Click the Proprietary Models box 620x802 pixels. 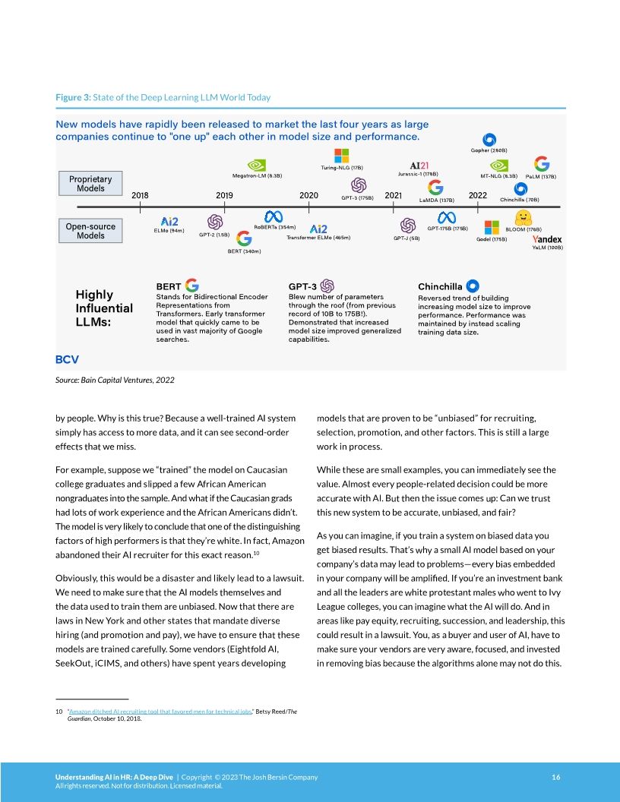(90, 184)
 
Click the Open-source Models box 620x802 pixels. (90, 231)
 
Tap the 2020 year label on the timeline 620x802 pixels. (308, 195)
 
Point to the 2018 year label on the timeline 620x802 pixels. (140, 195)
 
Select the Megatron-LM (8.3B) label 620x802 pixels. (257, 175)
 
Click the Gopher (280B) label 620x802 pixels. (489, 150)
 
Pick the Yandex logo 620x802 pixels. (547, 239)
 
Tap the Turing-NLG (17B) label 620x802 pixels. (342, 167)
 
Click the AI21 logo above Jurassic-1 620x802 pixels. (419, 165)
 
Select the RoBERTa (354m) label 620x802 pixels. (274, 227)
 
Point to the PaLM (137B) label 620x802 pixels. (541, 176)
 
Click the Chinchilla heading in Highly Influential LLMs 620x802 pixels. (440, 286)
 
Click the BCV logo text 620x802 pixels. (67, 358)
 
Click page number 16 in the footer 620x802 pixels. (556, 777)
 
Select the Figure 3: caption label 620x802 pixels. (73, 97)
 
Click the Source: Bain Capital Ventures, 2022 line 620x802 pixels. (115, 380)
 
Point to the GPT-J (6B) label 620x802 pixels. (406, 238)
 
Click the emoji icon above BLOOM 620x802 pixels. (522, 216)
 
